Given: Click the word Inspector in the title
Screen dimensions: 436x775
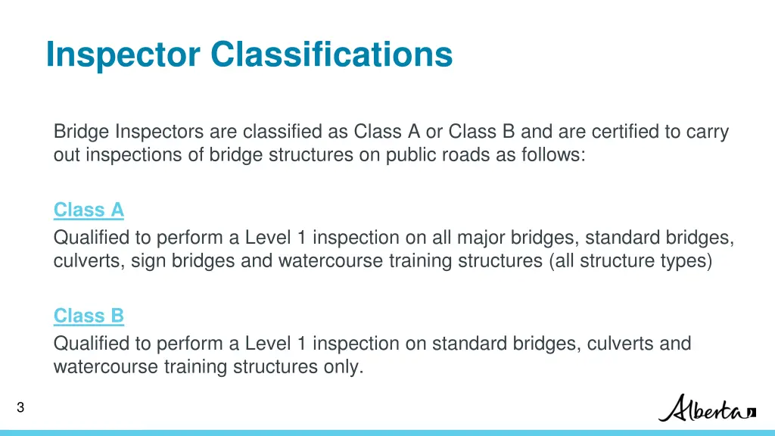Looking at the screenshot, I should [123, 54].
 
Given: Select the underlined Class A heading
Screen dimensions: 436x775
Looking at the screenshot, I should [89, 210].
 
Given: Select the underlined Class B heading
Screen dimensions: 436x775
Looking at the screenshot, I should [89, 316].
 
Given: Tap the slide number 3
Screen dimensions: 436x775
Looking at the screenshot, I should [20, 408].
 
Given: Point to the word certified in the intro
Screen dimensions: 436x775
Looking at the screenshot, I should [624, 132].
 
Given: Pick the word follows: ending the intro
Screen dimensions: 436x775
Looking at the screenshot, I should [557, 155].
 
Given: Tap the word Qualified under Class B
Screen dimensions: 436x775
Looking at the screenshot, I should [92, 344].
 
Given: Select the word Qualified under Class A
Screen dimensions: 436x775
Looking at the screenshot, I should [92, 238].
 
